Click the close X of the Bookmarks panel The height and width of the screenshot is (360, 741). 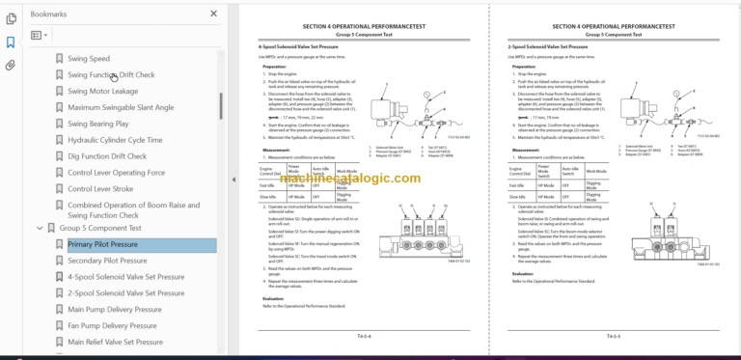coord(213,14)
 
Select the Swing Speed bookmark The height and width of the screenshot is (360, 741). coord(89,59)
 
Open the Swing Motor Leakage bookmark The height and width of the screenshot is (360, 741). coord(103,91)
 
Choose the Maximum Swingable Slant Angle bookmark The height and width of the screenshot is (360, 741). coord(121,107)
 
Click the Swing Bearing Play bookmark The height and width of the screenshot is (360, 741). coord(98,124)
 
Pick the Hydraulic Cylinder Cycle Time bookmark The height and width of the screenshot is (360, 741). coord(115,140)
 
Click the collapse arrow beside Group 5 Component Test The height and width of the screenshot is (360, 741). coord(40,229)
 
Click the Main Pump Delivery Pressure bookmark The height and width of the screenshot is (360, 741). coord(117,310)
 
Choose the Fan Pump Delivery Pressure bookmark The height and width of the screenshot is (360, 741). coord(113,325)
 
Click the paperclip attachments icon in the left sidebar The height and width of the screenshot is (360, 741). coord(11,66)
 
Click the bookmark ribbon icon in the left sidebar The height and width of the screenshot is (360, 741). coord(11,42)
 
